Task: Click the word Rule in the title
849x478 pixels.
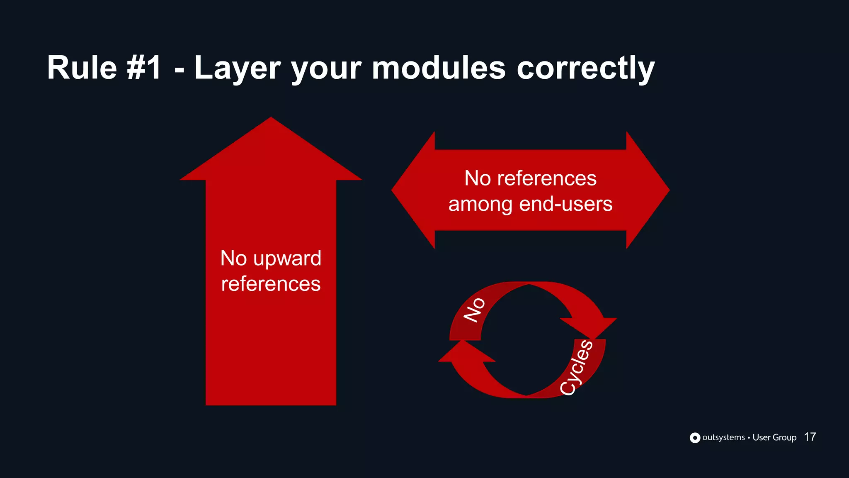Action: click(82, 68)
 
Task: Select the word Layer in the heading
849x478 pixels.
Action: click(237, 68)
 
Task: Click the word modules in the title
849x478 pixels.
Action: click(439, 68)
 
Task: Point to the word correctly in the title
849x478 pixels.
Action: click(585, 68)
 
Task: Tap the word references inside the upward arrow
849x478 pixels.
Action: click(271, 284)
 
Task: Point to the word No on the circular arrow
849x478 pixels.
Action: click(474, 310)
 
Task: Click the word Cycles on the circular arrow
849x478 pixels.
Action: click(576, 367)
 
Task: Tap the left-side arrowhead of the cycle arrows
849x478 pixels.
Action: click(464, 353)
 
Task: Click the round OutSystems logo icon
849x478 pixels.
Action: click(695, 438)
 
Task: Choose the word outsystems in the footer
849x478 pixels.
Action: click(723, 437)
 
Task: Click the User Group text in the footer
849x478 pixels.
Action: click(774, 437)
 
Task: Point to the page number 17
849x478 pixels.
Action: click(810, 437)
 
